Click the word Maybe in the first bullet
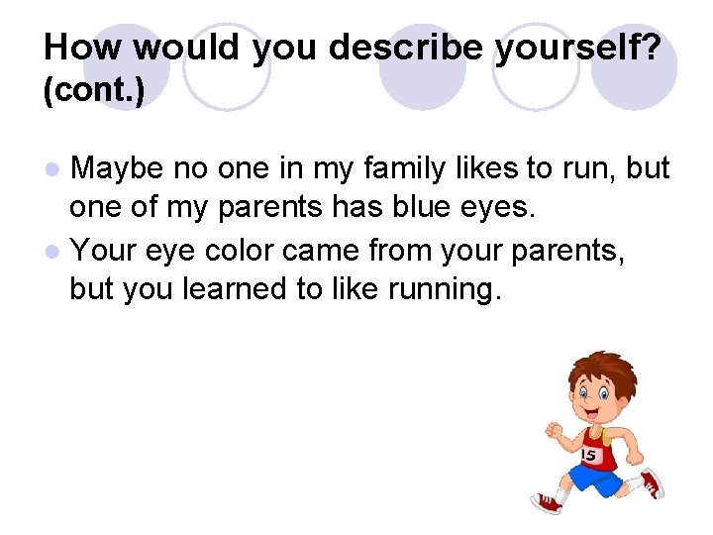[x=117, y=169]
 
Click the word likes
[x=497, y=169]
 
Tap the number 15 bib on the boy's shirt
[x=589, y=455]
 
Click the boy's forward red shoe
[x=548, y=504]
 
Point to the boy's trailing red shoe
[x=651, y=482]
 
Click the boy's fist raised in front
[x=553, y=430]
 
